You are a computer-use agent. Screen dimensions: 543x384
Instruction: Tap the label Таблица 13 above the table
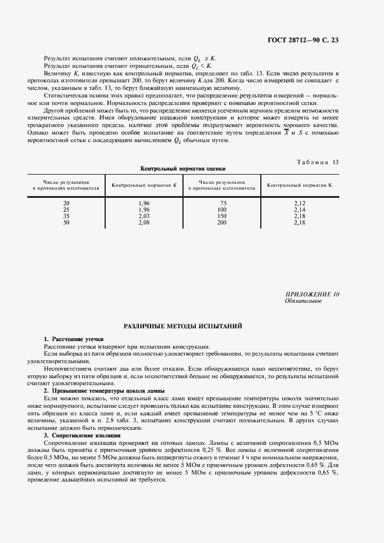[319, 162]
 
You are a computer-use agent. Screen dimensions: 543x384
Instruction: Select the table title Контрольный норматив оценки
[182, 168]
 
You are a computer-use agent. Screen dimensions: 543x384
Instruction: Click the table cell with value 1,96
[145, 203]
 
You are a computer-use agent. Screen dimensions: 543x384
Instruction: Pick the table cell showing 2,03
[145, 216]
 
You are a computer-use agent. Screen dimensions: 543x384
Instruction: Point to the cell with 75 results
[221, 203]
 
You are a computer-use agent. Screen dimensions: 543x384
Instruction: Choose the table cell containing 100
[221, 209]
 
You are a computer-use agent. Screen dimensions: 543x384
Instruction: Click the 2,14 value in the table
[299, 209]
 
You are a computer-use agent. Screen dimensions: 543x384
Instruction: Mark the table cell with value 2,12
[299, 203]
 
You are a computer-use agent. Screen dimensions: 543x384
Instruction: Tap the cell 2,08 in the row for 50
[145, 222]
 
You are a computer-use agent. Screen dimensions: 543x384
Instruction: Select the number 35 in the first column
[66, 216]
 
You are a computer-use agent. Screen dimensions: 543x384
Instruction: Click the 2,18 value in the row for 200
[299, 222]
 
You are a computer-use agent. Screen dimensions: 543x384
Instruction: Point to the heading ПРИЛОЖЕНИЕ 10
[312, 295]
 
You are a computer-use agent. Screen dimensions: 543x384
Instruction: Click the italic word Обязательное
[303, 301]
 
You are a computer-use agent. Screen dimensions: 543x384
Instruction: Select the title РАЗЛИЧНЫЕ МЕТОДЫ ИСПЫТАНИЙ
[182, 327]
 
